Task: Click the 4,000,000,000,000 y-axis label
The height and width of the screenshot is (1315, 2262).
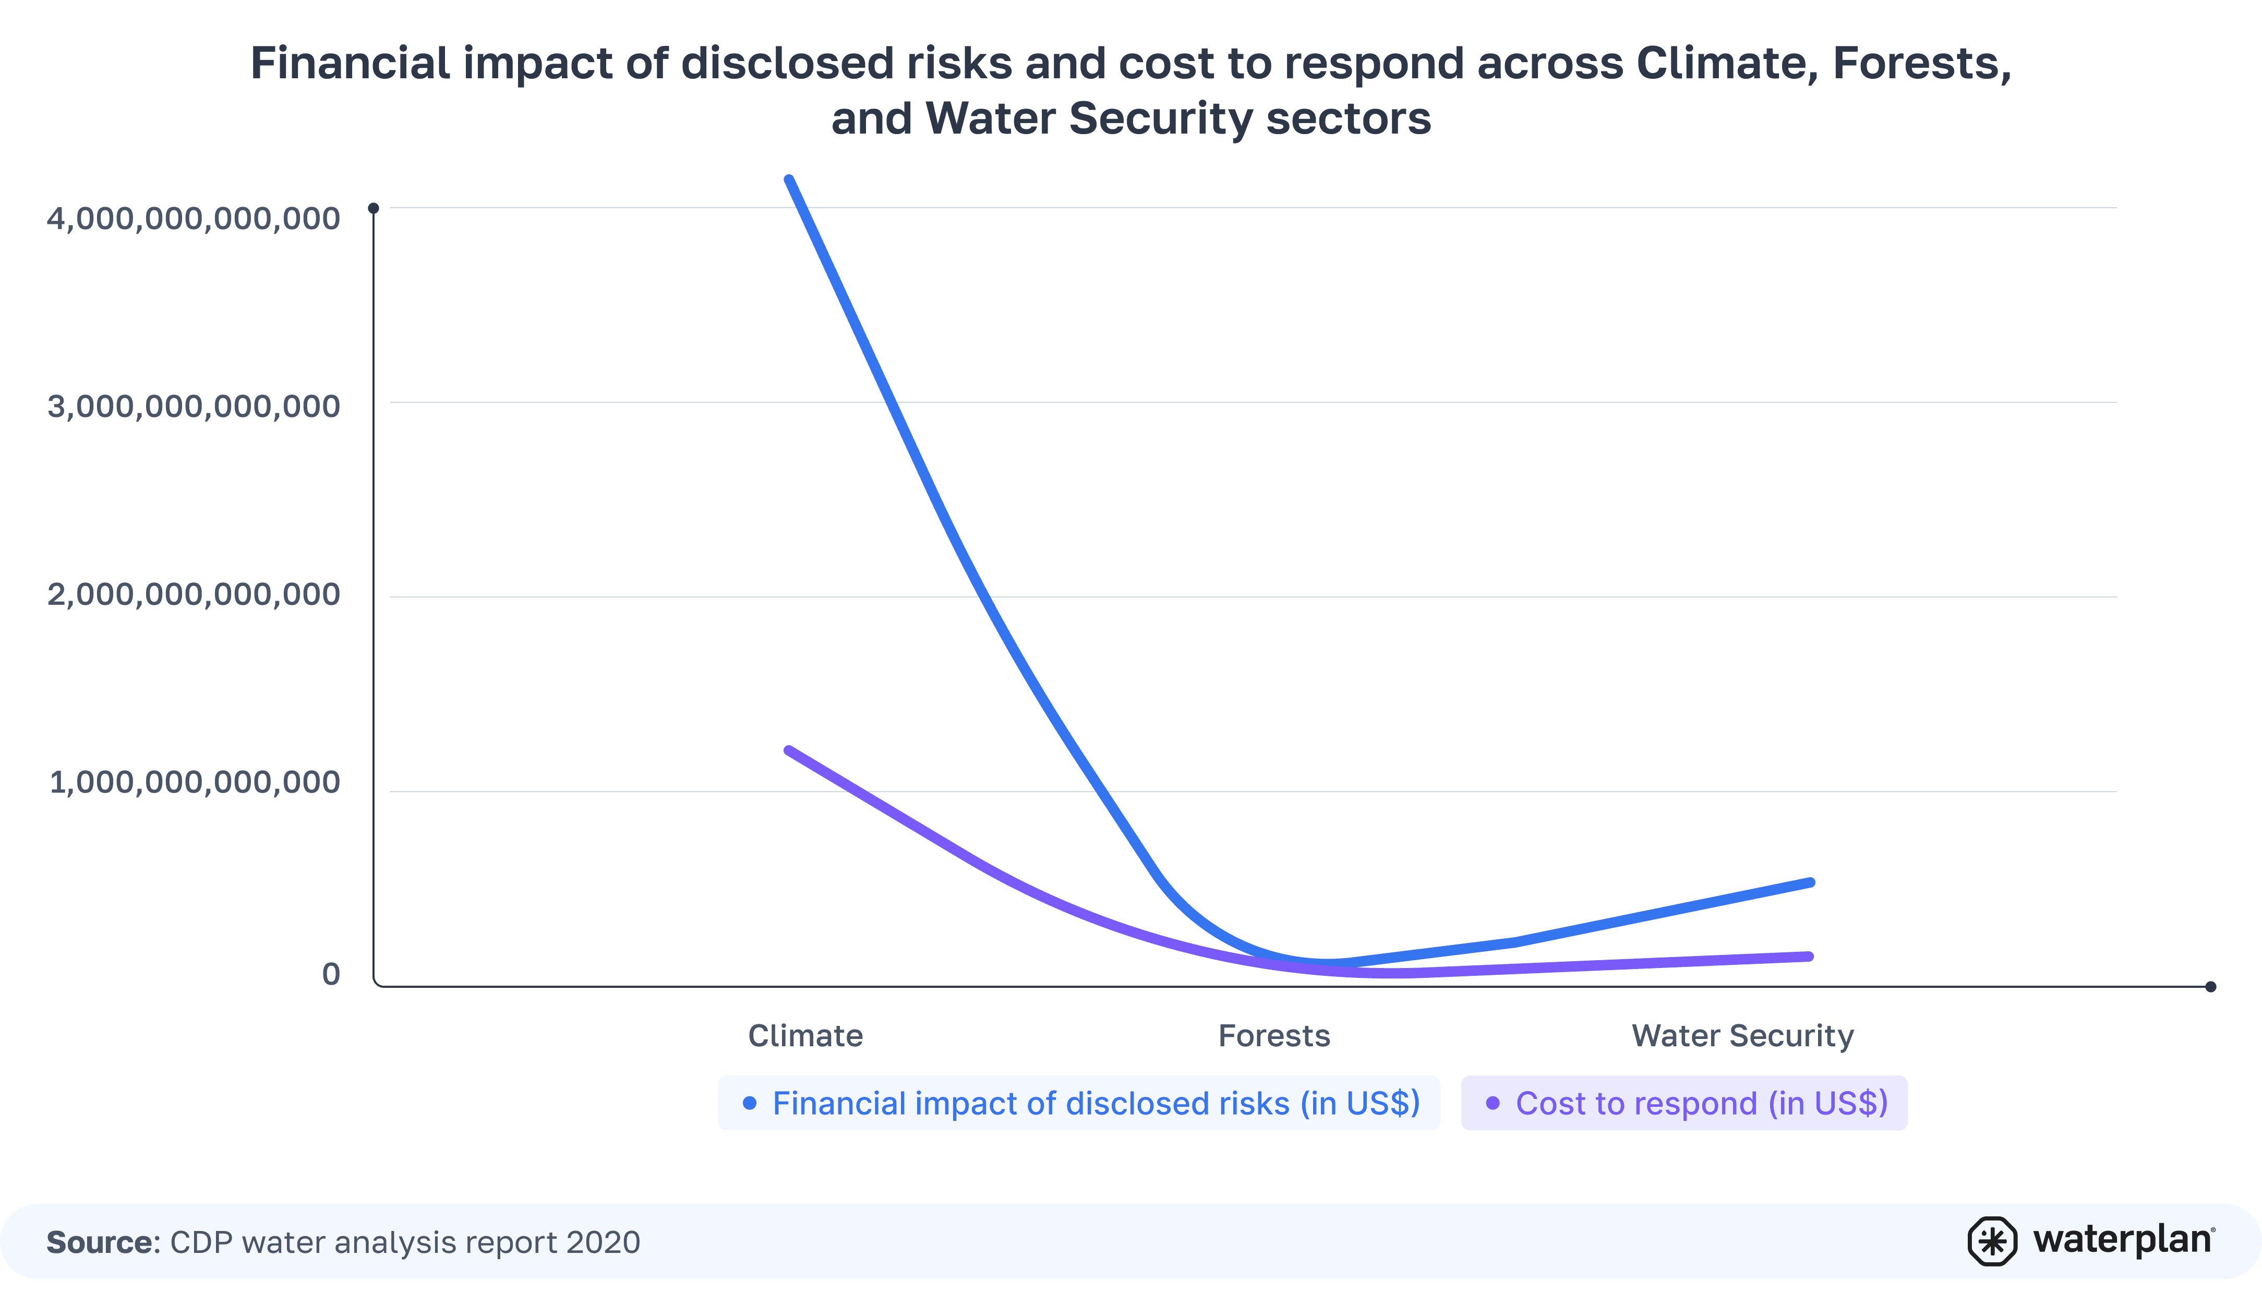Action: (193, 218)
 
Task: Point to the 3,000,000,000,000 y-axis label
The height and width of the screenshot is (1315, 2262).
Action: (193, 406)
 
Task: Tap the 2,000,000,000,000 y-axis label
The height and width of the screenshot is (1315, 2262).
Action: (193, 594)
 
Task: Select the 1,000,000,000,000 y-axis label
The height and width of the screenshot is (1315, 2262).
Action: (194, 782)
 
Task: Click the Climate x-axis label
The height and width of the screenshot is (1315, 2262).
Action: (805, 1036)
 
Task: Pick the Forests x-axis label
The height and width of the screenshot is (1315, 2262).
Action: (1274, 1036)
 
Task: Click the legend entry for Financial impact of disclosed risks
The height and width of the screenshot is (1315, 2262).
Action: (1079, 1103)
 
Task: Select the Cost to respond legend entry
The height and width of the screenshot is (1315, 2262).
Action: (1684, 1103)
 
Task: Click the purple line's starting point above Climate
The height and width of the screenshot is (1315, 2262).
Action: (789, 750)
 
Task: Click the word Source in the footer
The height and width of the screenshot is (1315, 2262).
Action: (101, 1242)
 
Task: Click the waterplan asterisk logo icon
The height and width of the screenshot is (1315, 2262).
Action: (1992, 1241)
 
